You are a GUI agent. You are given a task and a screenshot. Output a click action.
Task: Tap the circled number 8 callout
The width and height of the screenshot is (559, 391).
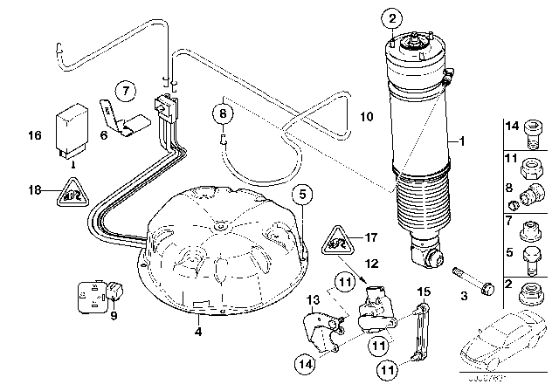pyautogui.click(x=224, y=113)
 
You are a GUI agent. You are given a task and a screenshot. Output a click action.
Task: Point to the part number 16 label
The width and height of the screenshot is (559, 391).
pyautogui.click(x=36, y=136)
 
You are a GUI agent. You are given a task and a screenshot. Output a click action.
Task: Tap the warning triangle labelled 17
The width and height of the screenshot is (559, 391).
pyautogui.click(x=337, y=237)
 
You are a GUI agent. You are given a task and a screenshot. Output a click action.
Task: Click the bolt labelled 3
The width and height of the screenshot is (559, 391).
pyautogui.click(x=462, y=281)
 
